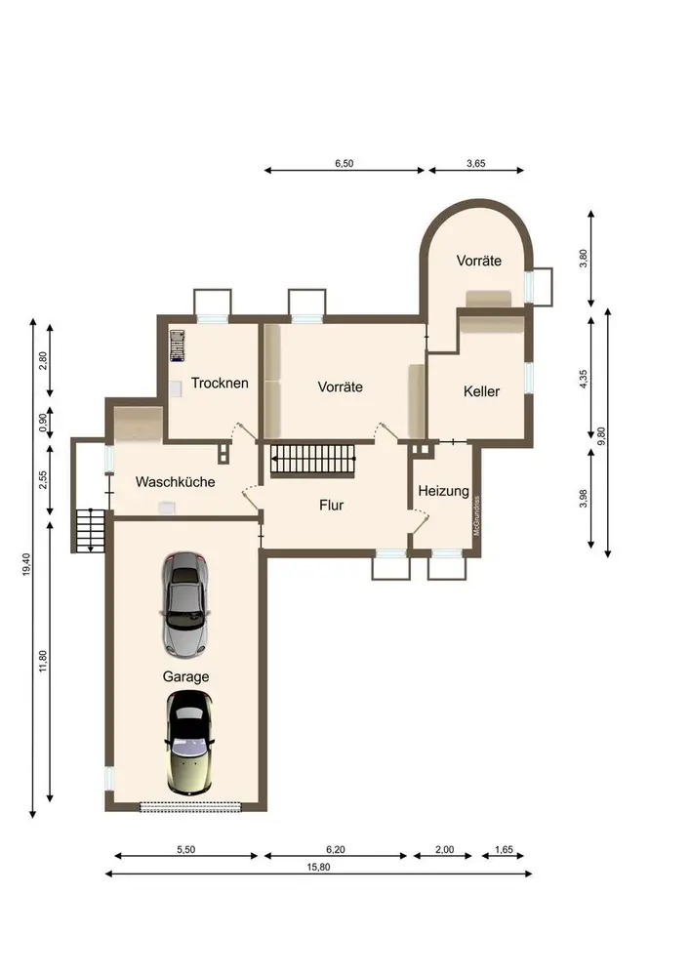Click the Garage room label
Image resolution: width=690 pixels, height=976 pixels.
(185, 676)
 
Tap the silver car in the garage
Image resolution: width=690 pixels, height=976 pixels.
(185, 604)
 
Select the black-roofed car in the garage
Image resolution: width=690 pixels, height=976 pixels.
(189, 743)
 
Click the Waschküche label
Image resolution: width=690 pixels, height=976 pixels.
(175, 482)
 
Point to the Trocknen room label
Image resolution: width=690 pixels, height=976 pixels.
(219, 383)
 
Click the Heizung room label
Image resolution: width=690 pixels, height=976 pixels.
(444, 491)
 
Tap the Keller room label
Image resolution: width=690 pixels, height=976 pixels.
(481, 391)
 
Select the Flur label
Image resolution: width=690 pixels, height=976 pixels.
(331, 506)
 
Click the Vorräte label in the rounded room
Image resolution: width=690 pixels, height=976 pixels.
(478, 261)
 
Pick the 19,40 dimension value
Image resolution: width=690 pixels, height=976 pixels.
(26, 564)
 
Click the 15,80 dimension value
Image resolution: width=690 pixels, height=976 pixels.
(318, 867)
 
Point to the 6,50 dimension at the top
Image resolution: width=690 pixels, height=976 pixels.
(345, 164)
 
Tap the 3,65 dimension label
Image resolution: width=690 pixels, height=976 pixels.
(476, 164)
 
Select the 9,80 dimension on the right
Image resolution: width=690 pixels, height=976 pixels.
(601, 435)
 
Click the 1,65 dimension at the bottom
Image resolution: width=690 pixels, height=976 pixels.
(504, 850)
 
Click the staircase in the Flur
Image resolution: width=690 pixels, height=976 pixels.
(313, 461)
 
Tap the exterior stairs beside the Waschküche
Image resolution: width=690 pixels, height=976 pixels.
(90, 531)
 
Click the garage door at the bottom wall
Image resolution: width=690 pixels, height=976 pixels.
(189, 807)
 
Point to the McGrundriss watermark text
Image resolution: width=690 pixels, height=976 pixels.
(476, 515)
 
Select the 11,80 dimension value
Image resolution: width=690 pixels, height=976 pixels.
(43, 661)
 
